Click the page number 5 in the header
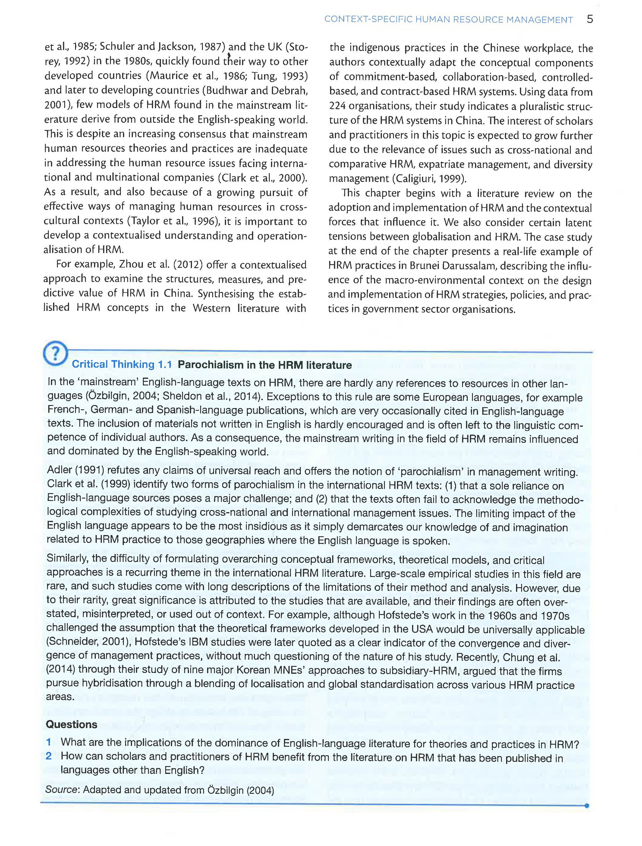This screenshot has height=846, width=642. [590, 19]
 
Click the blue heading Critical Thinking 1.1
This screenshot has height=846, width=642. [121, 364]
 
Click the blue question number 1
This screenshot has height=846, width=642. [49, 742]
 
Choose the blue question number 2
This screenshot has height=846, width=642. [49, 756]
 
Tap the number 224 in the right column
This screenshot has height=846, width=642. [338, 106]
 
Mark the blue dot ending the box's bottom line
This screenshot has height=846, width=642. [587, 806]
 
